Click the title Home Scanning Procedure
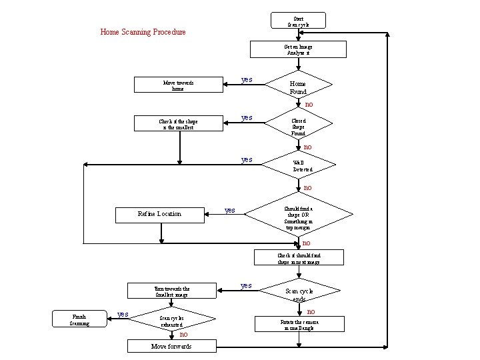click(x=143, y=32)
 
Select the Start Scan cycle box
click(x=298, y=21)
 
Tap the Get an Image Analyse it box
click(x=297, y=50)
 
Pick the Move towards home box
click(x=178, y=85)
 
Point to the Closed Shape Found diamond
click(x=298, y=125)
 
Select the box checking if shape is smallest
click(x=178, y=124)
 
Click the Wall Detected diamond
click(x=298, y=165)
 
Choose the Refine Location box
click(x=159, y=214)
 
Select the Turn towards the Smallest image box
click(x=172, y=292)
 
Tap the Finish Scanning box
click(x=79, y=320)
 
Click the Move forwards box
click(x=171, y=346)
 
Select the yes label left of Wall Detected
click(x=247, y=160)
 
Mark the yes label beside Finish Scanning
click(x=123, y=314)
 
